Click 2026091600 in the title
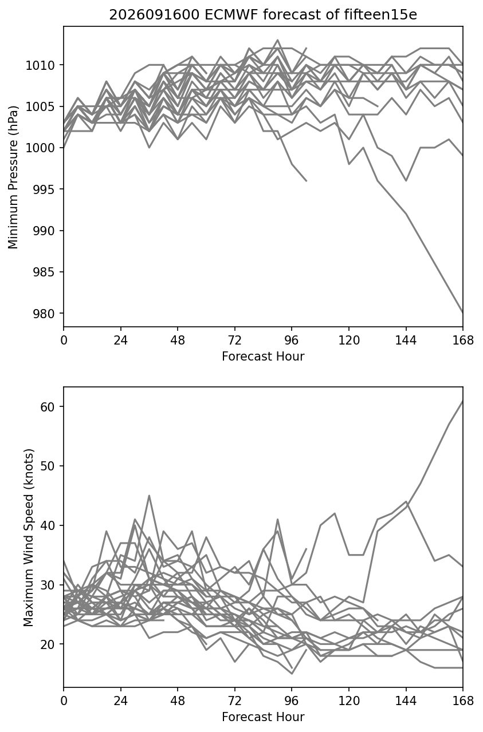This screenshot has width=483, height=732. point(154,15)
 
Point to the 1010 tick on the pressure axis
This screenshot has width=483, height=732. point(41,65)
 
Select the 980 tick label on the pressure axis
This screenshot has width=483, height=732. point(44,314)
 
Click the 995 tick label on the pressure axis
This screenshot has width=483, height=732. point(44,189)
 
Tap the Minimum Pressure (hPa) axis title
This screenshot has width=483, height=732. point(13,177)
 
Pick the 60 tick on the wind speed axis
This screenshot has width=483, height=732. point(48,407)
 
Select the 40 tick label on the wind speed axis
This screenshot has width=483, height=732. point(48,526)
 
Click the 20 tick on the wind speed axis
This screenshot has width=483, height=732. point(48,644)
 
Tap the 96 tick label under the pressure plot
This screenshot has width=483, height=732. point(292,341)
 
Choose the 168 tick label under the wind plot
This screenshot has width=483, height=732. point(463,702)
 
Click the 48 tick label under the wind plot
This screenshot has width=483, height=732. point(178,702)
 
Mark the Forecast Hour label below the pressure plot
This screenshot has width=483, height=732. point(263,357)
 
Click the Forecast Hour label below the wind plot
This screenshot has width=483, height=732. point(263,717)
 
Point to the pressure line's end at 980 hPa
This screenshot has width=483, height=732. point(463,313)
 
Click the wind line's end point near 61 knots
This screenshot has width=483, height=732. point(463,401)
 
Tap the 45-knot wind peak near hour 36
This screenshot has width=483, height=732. point(149,496)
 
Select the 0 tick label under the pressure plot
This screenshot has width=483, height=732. point(64,341)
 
